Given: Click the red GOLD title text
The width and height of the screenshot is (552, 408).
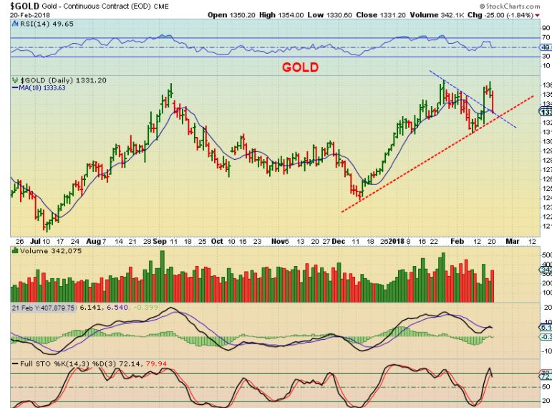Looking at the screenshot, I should pyautogui.click(x=301, y=67).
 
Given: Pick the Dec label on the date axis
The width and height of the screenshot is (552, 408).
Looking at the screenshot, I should pyautogui.click(x=338, y=242).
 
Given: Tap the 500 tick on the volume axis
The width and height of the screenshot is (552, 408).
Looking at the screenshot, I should pyautogui.click(x=546, y=255).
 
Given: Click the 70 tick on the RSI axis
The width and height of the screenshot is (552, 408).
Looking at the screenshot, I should pyautogui.click(x=546, y=37).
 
